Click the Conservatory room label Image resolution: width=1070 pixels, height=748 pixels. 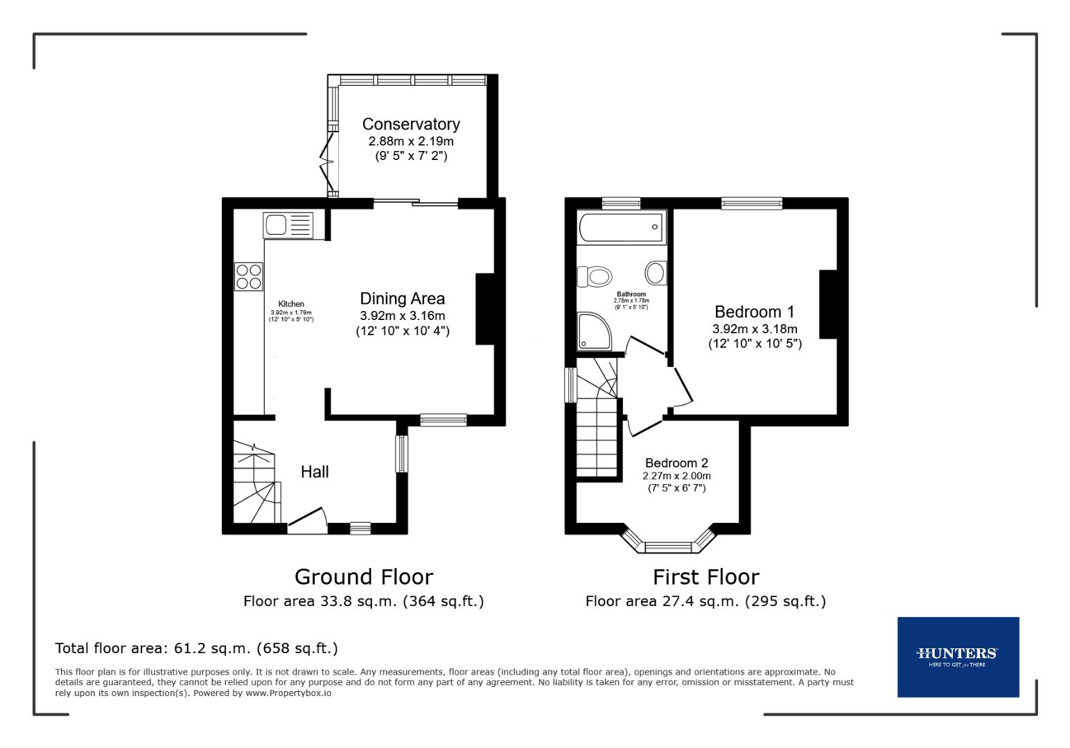point(411,124)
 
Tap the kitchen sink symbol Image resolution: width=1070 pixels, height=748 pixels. point(288,225)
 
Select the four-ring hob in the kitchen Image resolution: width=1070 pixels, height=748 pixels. point(249,276)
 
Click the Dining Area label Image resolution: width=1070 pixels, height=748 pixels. point(402,299)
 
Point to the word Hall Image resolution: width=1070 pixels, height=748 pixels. point(315,472)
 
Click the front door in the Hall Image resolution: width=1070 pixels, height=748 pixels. point(308,520)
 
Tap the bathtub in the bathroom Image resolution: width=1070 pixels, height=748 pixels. point(621,227)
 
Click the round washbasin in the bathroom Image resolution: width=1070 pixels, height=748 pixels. point(655,272)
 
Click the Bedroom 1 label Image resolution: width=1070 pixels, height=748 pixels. point(754,312)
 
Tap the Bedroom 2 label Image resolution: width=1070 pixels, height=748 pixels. point(676,463)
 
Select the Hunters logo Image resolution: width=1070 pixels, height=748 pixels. point(958,656)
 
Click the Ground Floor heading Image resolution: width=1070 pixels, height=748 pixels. point(363,577)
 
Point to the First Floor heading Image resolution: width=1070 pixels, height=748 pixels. point(705,577)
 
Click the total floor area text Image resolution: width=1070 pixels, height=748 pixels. point(196,648)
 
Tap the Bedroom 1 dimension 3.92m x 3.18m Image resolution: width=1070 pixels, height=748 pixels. point(754,329)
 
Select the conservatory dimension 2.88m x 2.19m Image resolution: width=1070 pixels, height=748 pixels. point(411,141)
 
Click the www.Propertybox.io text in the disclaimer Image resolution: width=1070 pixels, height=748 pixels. point(288,693)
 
